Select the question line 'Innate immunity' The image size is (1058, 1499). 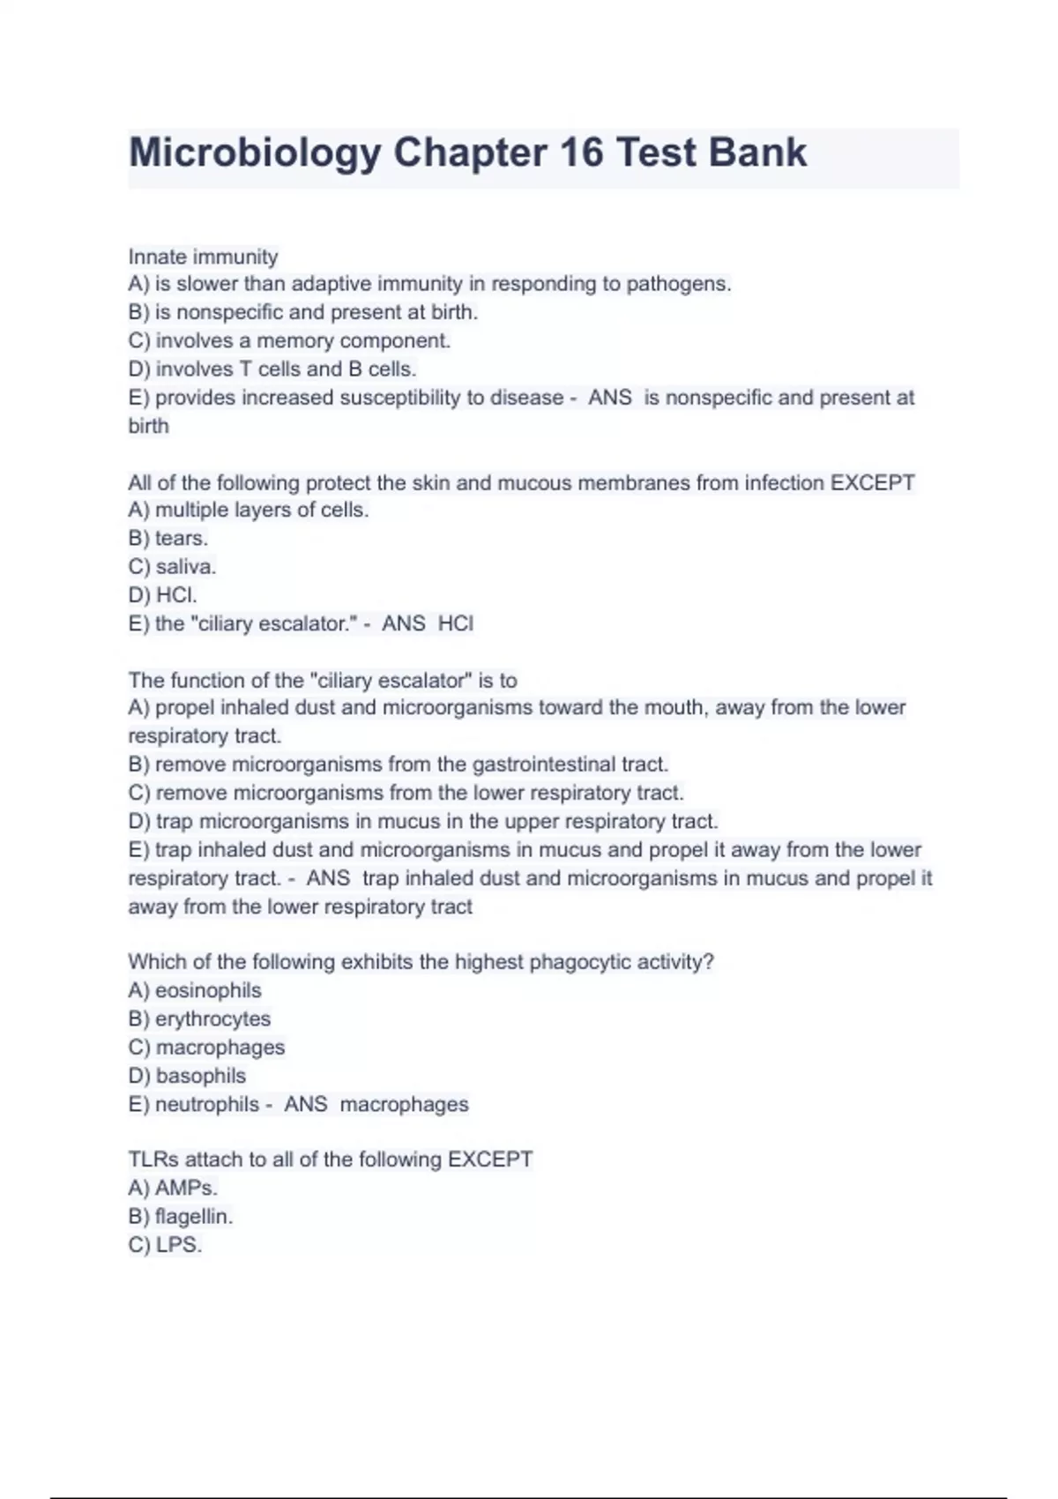[203, 257]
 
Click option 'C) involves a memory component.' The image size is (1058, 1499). [289, 340]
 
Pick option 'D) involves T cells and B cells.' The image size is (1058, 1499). [272, 369]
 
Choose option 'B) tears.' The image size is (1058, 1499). [168, 538]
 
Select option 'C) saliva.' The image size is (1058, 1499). [172, 566]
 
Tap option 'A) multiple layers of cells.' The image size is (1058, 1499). [248, 510]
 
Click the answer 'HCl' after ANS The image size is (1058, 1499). [456, 623]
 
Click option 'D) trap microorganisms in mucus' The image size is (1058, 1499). [423, 821]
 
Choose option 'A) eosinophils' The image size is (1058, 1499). [195, 990]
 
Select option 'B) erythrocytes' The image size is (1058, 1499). [199, 1018]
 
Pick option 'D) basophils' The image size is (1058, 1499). [187, 1076]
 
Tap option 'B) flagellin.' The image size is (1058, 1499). [181, 1216]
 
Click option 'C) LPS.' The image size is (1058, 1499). [165, 1245]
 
